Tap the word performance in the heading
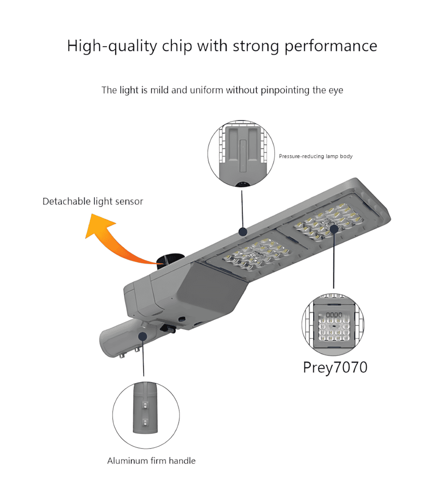(x=331, y=47)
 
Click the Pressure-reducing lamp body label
(x=316, y=156)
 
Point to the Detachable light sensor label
(x=93, y=201)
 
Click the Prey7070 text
(x=335, y=368)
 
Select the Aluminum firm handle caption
(x=151, y=461)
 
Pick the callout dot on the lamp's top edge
(x=243, y=232)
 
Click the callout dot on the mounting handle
(x=142, y=336)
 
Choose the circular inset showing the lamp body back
(x=241, y=153)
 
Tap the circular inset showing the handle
(x=146, y=415)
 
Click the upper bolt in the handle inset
(x=145, y=405)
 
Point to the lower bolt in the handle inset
(x=145, y=422)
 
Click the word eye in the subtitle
(x=337, y=91)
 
